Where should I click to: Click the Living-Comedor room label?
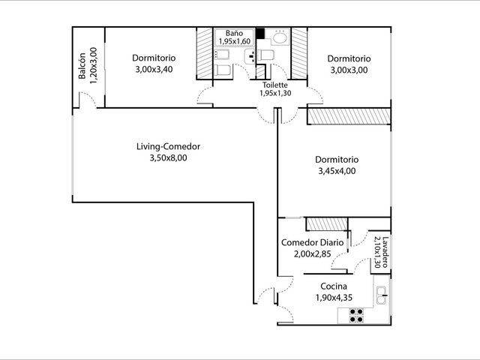click(168, 147)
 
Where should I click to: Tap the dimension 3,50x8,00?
click(168, 158)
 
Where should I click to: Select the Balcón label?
click(82, 66)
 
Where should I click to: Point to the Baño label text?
click(235, 33)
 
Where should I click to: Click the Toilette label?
click(275, 85)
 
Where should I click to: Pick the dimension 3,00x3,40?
click(154, 69)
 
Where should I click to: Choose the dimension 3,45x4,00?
click(337, 171)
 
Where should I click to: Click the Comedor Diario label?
click(312, 242)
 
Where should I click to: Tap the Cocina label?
click(334, 286)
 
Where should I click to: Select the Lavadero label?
click(385, 252)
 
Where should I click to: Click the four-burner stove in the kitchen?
click(356, 316)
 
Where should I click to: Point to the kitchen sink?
click(382, 295)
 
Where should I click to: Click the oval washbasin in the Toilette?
click(280, 38)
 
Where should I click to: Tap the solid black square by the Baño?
click(260, 33)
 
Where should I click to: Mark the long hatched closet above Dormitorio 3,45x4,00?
click(349, 116)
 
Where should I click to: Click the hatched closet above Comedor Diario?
click(327, 223)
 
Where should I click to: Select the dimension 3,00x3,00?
click(349, 70)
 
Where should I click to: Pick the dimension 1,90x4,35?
click(334, 297)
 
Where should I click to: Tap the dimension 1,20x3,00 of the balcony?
click(93, 65)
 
